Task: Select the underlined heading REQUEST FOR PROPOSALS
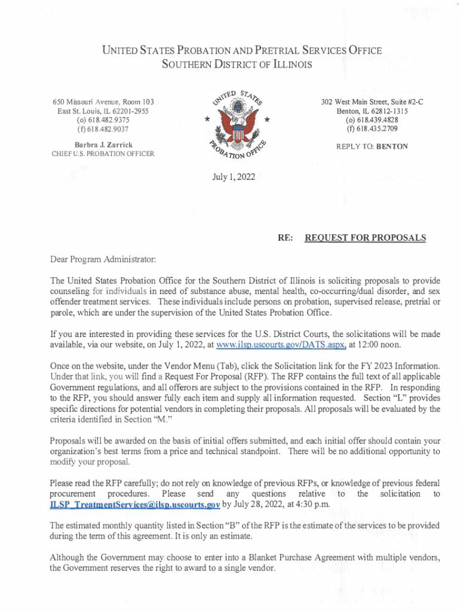coord(365,238)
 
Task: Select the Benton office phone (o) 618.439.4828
coord(366,120)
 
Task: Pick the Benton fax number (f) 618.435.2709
coord(366,128)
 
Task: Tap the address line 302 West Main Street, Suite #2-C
coord(366,102)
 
